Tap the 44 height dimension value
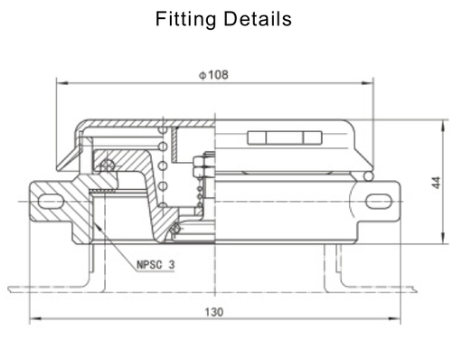[x=437, y=182]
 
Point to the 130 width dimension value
[x=213, y=312]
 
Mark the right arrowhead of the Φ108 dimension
[x=371, y=82]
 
